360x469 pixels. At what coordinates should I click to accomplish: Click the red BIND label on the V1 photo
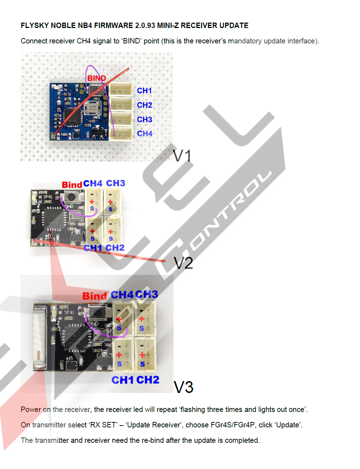(x=96, y=78)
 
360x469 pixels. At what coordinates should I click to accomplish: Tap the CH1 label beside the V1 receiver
(x=145, y=91)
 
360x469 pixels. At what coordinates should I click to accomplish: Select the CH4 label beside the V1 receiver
(x=145, y=133)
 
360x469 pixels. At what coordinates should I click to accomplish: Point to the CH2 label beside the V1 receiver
(x=145, y=105)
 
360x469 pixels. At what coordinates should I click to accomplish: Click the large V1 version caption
(x=182, y=156)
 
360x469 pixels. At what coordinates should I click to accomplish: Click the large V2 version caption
(x=183, y=263)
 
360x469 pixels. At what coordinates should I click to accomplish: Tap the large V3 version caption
(x=183, y=387)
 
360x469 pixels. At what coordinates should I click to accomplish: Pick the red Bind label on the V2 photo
(x=72, y=185)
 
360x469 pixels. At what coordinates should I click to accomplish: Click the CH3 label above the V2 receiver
(x=115, y=183)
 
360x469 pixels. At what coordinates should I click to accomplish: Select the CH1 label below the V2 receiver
(x=93, y=248)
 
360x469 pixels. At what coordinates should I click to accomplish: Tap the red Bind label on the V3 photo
(x=94, y=296)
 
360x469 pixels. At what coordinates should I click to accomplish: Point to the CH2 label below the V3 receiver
(x=148, y=380)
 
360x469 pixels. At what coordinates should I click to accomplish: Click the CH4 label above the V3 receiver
(x=122, y=295)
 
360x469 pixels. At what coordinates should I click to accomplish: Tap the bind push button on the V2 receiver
(x=72, y=197)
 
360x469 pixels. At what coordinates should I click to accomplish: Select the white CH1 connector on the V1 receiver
(x=121, y=90)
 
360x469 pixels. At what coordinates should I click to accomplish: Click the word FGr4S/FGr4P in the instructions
(x=233, y=425)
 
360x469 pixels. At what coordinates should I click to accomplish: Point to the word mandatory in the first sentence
(x=245, y=41)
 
